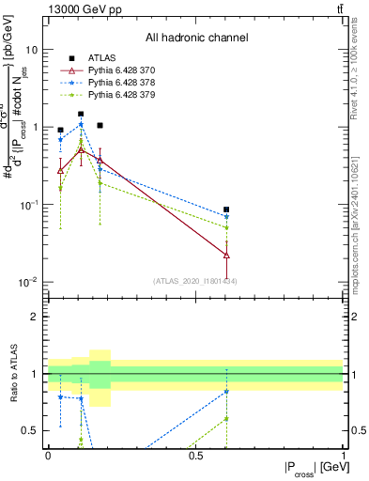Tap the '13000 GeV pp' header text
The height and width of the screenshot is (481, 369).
pyautogui.click(x=82, y=8)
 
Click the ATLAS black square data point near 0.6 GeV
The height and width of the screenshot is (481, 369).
pyautogui.click(x=226, y=209)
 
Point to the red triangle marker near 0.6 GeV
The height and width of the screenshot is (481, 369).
pyautogui.click(x=226, y=255)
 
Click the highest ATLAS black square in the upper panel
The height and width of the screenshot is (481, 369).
pyautogui.click(x=81, y=114)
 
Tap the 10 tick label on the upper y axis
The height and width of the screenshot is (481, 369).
pyautogui.click(x=33, y=49)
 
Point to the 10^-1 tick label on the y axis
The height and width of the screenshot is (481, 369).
pyautogui.click(x=30, y=204)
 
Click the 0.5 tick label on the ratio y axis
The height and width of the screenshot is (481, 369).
pyautogui.click(x=31, y=431)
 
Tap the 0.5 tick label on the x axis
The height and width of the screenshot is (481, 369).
pyautogui.click(x=196, y=455)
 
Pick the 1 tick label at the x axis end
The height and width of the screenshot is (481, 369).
pyautogui.click(x=344, y=455)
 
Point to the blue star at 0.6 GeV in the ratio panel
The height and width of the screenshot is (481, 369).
pyautogui.click(x=226, y=392)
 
